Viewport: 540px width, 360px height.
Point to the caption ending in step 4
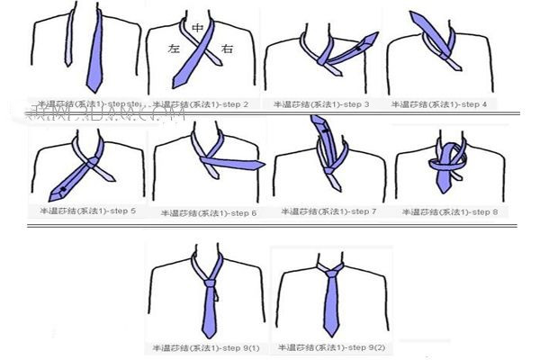pyautogui.click(x=440, y=104)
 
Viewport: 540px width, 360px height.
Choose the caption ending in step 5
pyautogui.click(x=88, y=211)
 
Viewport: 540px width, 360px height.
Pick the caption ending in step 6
pyautogui.click(x=209, y=213)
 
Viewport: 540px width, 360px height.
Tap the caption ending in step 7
pyautogui.click(x=328, y=211)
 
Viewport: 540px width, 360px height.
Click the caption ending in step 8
pyautogui.click(x=447, y=211)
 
